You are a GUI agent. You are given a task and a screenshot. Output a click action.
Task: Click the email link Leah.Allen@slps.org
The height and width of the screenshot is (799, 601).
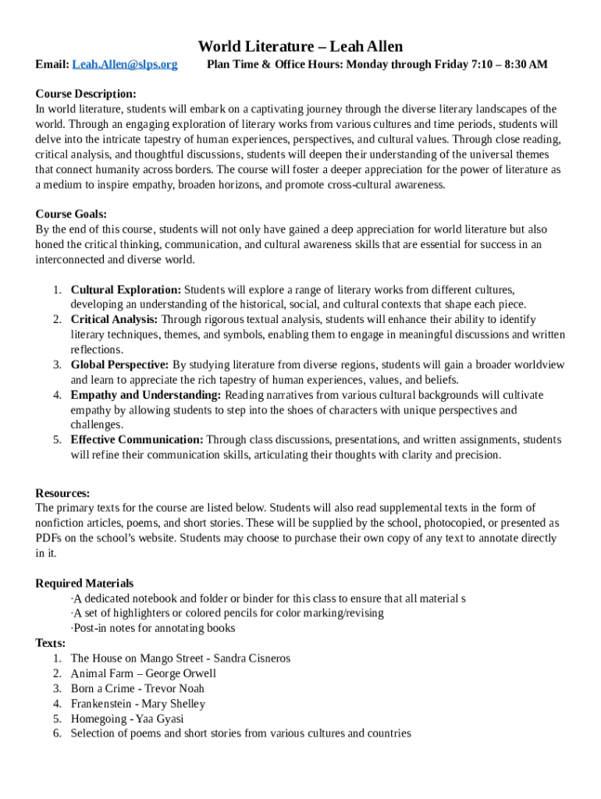125,64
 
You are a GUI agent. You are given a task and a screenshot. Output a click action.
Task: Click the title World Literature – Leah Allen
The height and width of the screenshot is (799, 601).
300,47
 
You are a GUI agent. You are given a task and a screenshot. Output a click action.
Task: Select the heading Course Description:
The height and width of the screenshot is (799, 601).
86,94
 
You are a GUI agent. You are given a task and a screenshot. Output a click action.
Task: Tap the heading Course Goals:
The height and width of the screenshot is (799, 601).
71,214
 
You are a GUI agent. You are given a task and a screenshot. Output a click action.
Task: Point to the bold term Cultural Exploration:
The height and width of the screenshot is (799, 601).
126,289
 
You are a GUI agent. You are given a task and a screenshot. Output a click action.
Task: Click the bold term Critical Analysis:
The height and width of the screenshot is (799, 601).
114,319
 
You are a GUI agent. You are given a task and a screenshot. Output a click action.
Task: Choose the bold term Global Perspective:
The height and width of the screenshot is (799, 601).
119,364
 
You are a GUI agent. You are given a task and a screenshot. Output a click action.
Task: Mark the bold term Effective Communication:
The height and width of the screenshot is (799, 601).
137,439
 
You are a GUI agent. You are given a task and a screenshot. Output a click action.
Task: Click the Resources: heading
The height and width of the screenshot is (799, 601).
62,493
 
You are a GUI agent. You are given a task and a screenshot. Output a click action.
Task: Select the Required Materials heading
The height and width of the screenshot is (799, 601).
84,583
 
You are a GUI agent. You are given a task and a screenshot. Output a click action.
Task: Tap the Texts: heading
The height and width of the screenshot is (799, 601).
51,643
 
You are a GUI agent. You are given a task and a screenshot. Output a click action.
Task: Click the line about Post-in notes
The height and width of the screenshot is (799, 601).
154,628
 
